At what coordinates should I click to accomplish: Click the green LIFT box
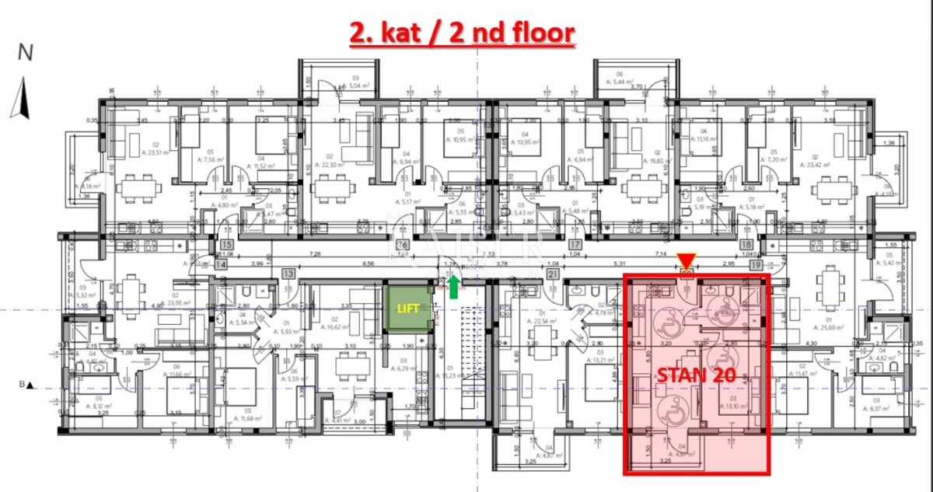coord(407,309)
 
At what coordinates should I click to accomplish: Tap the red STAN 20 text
coord(697,375)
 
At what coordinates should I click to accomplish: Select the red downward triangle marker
coord(686,260)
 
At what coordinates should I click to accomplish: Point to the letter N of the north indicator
coord(26,53)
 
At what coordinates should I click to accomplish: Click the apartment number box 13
coord(288,273)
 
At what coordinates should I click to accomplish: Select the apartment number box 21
coord(554,273)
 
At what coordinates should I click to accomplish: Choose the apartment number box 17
coord(575,244)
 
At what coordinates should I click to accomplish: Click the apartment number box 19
coord(756,264)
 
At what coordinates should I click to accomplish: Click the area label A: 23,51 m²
coord(145,152)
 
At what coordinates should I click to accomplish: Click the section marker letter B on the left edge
coord(23,384)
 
